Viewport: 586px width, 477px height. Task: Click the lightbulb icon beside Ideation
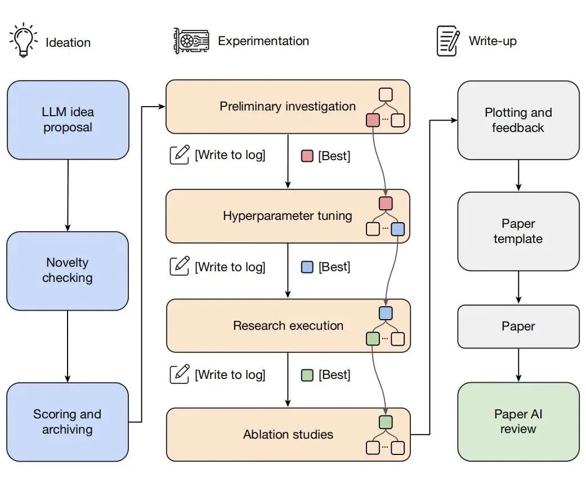23,41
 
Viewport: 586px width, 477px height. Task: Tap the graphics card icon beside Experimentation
191,41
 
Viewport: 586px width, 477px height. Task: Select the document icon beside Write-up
448,41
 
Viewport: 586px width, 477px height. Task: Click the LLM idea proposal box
68,120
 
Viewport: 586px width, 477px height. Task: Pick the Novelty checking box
68,270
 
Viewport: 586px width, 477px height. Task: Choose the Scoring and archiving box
68,422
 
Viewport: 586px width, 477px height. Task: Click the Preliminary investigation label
288,107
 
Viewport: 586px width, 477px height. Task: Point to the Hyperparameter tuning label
288,216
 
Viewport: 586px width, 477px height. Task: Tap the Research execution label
288,326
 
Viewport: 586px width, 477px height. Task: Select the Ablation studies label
288,435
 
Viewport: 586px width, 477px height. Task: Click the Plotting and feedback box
518,120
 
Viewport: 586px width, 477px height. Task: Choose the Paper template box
518,231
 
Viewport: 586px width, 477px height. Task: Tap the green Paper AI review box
518,421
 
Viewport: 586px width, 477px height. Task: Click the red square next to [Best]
307,156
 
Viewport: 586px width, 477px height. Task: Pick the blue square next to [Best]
307,267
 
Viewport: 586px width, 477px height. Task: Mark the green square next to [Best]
307,375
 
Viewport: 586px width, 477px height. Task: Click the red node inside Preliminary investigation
373,120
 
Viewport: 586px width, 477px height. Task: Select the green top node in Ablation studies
386,422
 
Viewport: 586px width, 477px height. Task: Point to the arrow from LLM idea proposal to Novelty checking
68,195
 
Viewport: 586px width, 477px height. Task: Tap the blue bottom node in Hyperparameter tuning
398,229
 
